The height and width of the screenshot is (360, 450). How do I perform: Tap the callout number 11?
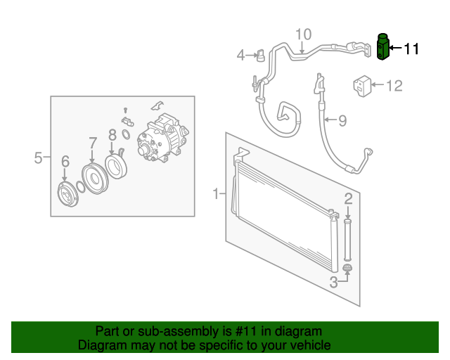[411, 49]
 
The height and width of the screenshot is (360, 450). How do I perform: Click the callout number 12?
[394, 86]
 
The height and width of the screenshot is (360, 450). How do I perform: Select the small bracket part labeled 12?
[362, 86]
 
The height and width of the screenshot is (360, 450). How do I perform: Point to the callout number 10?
[303, 34]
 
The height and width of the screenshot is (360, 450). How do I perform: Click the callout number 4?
[241, 55]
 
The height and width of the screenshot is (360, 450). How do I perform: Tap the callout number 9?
[342, 120]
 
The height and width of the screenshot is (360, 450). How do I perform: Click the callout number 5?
[38, 157]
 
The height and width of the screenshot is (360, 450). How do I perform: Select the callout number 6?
[65, 161]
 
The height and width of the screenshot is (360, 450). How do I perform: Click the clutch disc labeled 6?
[67, 194]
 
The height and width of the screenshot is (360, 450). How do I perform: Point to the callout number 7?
[92, 143]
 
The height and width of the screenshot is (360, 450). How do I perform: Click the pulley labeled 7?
[95, 179]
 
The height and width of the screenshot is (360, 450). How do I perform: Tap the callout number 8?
[112, 135]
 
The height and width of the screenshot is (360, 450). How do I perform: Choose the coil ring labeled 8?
[115, 167]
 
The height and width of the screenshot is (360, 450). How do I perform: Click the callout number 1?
[216, 193]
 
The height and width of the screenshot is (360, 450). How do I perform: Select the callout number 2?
[348, 199]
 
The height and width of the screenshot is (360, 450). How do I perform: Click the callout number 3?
[333, 282]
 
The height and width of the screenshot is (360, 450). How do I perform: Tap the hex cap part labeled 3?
[347, 268]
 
